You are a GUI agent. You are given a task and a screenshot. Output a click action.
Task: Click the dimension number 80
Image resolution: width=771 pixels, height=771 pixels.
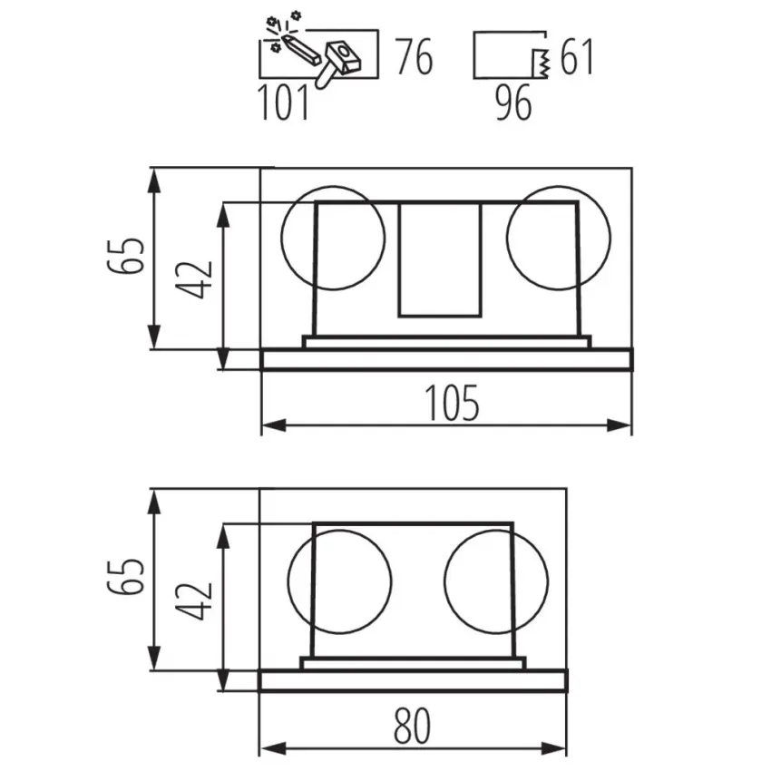[x=414, y=727]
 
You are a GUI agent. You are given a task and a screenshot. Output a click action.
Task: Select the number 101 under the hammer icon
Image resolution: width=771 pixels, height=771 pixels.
[x=284, y=103]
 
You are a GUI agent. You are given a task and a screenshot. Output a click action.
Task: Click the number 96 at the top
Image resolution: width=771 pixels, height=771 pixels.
[x=513, y=103]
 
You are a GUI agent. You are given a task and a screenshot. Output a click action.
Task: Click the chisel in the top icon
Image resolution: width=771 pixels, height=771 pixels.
[x=300, y=48]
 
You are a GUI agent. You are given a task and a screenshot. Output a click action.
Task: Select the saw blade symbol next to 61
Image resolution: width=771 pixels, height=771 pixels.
[x=542, y=63]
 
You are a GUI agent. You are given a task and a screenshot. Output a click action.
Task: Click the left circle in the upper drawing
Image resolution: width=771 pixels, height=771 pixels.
[x=333, y=238]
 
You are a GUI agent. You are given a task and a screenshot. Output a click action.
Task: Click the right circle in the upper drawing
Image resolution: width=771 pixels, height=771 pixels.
[x=558, y=238]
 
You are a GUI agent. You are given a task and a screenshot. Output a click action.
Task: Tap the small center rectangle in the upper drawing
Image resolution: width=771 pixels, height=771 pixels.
[x=440, y=259]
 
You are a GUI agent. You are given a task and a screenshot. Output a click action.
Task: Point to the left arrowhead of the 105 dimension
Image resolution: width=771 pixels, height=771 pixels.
[x=269, y=425]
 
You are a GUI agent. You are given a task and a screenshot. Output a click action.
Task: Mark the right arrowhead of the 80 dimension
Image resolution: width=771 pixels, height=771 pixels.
[x=560, y=749]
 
